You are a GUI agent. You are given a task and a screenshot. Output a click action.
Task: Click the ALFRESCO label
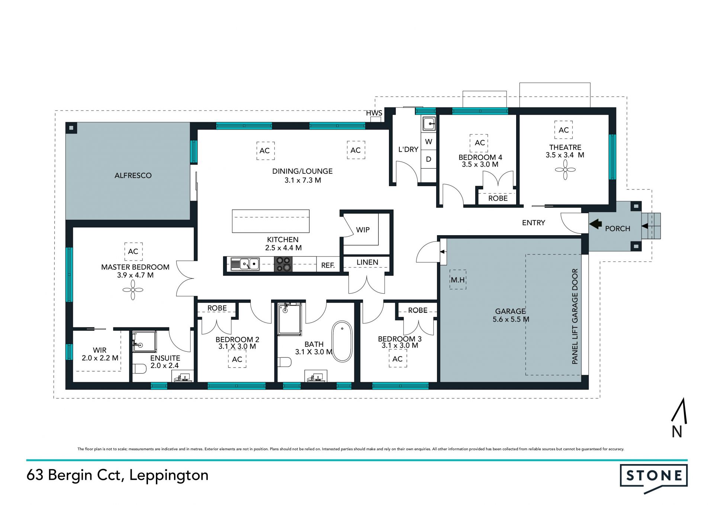click(133, 175)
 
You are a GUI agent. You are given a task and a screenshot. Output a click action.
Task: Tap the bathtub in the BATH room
click(342, 341)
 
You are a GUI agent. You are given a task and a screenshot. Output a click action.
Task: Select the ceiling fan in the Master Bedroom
click(133, 290)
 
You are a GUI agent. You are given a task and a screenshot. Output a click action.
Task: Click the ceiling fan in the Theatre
click(565, 170)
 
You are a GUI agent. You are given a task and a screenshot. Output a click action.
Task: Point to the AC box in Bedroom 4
click(479, 143)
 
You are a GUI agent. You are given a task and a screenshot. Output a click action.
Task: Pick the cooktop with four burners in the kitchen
click(283, 264)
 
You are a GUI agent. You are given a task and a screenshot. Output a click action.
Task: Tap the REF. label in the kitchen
click(328, 265)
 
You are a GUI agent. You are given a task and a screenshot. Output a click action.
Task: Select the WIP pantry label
click(363, 230)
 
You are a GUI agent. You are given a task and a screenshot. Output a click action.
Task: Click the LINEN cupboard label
click(367, 262)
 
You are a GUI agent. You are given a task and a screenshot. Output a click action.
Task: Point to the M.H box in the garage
click(458, 279)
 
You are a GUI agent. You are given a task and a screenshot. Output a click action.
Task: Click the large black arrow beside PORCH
click(596, 224)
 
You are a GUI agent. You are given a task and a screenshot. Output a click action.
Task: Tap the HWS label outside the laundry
click(374, 113)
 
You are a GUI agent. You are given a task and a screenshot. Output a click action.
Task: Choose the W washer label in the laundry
click(428, 142)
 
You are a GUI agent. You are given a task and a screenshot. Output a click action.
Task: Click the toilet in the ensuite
click(139, 368)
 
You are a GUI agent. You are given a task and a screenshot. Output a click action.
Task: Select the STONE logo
click(654, 476)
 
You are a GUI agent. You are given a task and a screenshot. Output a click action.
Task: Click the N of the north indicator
click(677, 432)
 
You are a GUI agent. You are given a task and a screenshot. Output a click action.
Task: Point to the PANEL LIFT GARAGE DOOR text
click(575, 316)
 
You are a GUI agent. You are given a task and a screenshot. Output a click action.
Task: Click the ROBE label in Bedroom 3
click(418, 310)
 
